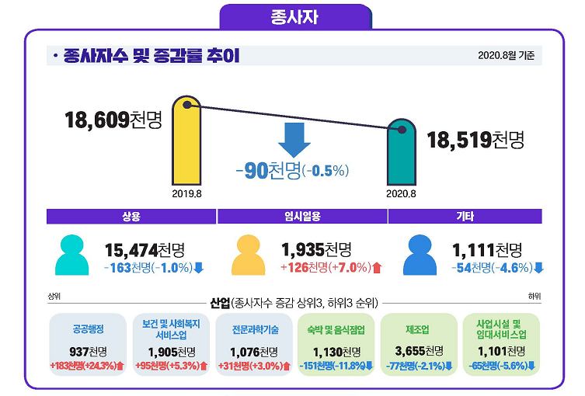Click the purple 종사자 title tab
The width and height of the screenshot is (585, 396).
[x=294, y=16]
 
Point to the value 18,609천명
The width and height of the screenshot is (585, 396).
[x=113, y=120]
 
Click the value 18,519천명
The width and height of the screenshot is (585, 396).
[x=475, y=140]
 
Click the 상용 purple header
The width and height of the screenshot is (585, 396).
[x=131, y=217]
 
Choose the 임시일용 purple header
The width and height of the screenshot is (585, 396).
[x=301, y=217]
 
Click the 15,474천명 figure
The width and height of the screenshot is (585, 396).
[x=145, y=250]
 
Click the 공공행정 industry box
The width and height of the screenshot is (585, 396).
[x=87, y=344]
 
